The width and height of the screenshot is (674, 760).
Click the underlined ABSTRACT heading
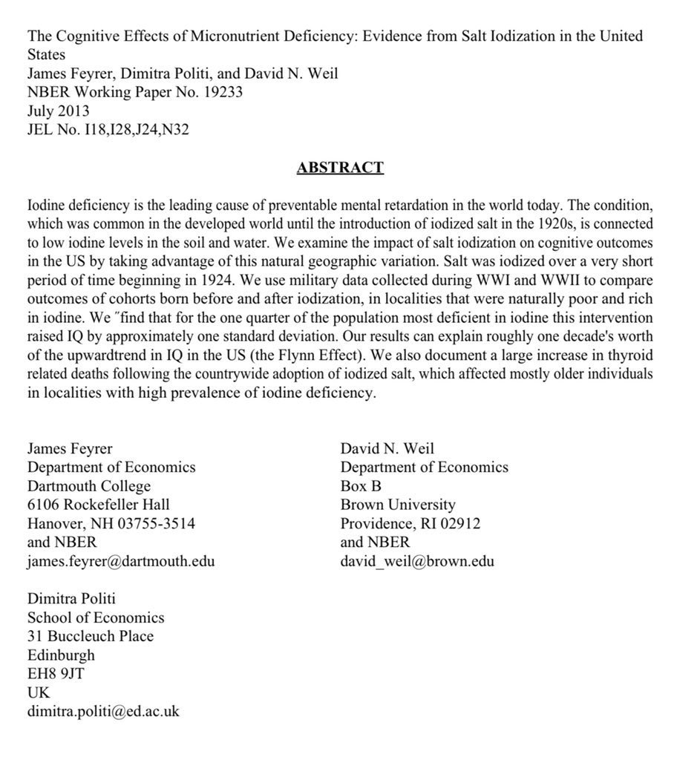tap(340, 167)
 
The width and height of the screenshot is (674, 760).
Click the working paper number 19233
tap(221, 93)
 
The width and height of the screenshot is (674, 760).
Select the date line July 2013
tap(58, 111)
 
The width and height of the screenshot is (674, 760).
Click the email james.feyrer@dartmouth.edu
tap(121, 561)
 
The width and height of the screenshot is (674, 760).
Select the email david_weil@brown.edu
tap(417, 561)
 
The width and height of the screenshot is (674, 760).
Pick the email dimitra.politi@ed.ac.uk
tap(103, 711)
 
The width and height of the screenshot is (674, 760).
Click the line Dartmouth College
tap(89, 486)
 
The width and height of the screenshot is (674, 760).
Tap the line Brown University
tap(398, 505)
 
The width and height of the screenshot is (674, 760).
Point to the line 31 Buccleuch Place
tap(91, 636)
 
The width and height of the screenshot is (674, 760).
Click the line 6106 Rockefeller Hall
tap(99, 505)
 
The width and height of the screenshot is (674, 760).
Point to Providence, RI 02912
tap(410, 523)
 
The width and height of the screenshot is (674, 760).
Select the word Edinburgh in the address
tap(61, 655)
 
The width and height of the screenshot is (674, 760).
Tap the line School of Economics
tap(96, 617)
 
